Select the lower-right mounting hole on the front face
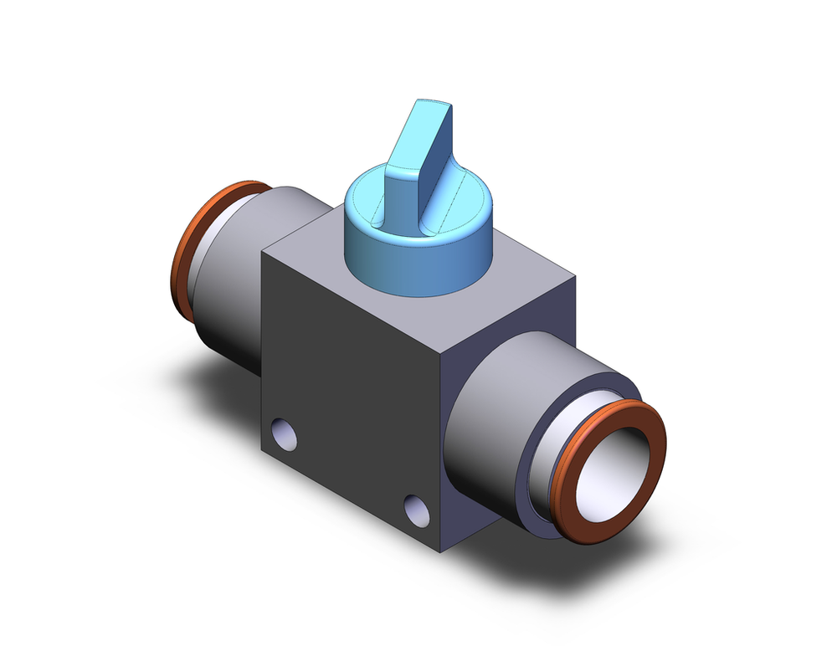click(x=415, y=505)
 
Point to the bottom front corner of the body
click(x=441, y=551)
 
